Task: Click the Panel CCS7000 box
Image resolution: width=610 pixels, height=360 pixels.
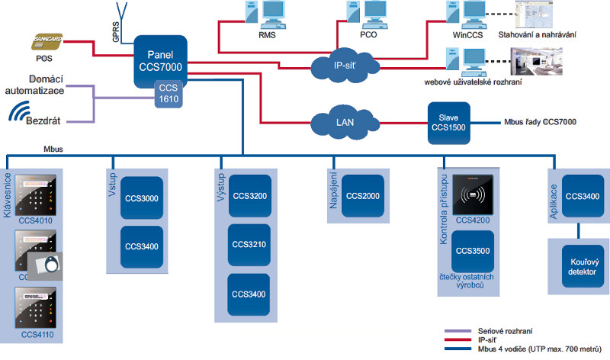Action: point(160,56)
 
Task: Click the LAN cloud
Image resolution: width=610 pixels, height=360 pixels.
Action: point(345,122)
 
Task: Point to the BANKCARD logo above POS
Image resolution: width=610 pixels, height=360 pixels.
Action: point(50,38)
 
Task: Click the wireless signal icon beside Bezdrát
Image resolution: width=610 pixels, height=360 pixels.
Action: point(19,113)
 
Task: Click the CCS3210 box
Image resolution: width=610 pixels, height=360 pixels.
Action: point(249,246)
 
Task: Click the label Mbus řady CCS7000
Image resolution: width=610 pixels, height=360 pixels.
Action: point(540,122)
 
